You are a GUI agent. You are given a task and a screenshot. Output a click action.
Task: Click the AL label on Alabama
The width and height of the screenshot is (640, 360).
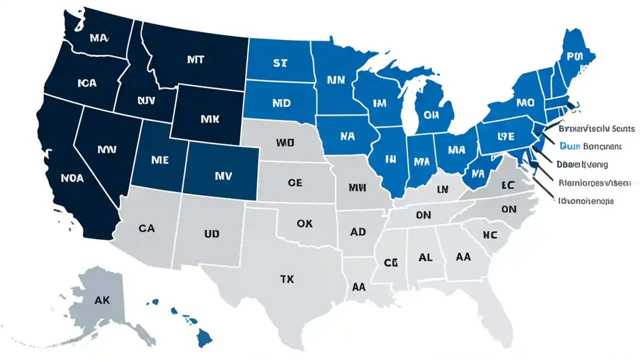(x=425, y=257)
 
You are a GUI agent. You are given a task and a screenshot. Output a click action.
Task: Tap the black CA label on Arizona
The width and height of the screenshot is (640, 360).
(x=146, y=228)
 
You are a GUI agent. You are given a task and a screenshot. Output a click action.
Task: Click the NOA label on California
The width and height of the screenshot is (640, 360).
(x=72, y=177)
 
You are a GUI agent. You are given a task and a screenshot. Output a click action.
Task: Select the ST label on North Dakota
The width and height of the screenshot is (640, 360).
(x=280, y=63)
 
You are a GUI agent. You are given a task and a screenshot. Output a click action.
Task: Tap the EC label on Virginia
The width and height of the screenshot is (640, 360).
(x=508, y=184)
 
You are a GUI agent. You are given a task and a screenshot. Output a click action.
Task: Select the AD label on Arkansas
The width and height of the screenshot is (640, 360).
(x=357, y=232)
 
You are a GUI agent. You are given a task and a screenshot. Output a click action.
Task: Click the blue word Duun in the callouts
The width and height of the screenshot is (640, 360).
(x=569, y=146)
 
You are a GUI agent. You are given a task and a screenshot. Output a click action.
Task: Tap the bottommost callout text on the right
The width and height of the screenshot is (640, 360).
(x=585, y=200)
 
